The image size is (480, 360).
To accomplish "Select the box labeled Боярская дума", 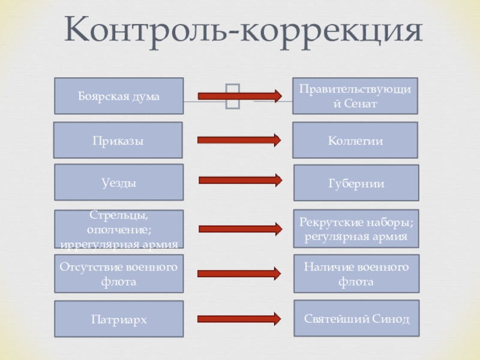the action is pyautogui.click(x=119, y=96).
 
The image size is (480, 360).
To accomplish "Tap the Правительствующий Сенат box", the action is pyautogui.click(x=355, y=96).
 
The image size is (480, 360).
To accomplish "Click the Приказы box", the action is pyautogui.click(x=118, y=140).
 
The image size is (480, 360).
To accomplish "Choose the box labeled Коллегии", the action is pyautogui.click(x=355, y=140).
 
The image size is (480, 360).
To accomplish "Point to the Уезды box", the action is pyautogui.click(x=119, y=182).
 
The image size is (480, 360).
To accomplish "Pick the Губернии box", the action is pyautogui.click(x=356, y=182).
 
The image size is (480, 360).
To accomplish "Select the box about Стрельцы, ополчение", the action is pyautogui.click(x=119, y=229).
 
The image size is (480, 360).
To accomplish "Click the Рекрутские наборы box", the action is pyautogui.click(x=356, y=229).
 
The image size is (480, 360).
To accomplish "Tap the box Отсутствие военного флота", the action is pyautogui.click(x=119, y=274).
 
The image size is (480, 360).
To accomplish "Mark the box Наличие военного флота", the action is pyautogui.click(x=356, y=274).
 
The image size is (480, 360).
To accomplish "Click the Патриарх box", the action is pyautogui.click(x=119, y=319).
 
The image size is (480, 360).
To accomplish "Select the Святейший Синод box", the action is pyautogui.click(x=356, y=319).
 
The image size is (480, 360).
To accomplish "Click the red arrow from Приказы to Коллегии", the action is pyautogui.click(x=239, y=140).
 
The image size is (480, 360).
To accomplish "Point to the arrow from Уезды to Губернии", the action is pyautogui.click(x=240, y=180).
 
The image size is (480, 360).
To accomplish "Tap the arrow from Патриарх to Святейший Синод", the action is pyautogui.click(x=239, y=319).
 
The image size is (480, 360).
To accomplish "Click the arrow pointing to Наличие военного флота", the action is pyautogui.click(x=239, y=274).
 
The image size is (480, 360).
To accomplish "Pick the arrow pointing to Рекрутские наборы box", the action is pyautogui.click(x=240, y=229).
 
